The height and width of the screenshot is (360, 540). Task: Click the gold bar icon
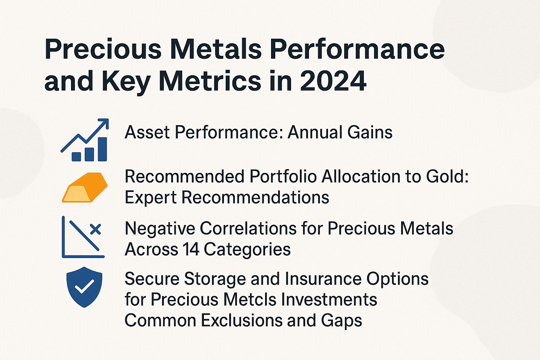click(85, 187)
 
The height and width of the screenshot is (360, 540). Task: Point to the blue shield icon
click(84, 287)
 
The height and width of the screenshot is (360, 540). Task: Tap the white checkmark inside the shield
click(84, 286)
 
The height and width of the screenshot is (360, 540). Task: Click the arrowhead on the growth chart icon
click(104, 123)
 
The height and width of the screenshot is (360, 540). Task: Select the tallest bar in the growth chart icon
click(102, 149)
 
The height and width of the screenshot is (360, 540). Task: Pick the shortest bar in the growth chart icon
click(76, 156)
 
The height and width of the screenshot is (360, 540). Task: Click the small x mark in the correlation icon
click(95, 229)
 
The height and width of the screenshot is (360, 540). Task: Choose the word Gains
click(370, 133)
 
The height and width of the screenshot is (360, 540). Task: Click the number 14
click(191, 250)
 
